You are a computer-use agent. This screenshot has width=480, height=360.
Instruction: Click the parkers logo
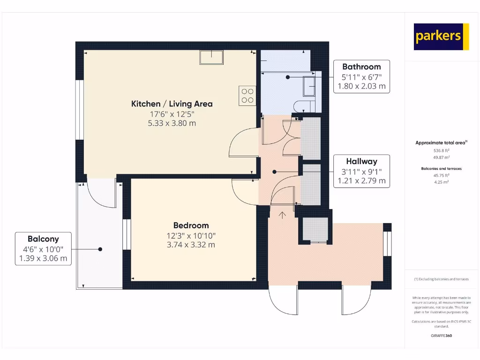pyautogui.click(x=441, y=37)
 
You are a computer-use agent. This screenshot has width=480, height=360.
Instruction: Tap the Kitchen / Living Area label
pyautogui.click(x=172, y=104)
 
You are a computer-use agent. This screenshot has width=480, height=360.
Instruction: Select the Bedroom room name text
pyautogui.click(x=191, y=225)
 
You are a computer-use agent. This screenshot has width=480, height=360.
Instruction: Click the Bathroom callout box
pyautogui.click(x=361, y=76)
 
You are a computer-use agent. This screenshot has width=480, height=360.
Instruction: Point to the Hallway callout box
pyautogui.click(x=361, y=171)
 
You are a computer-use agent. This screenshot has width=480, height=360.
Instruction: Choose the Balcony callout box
pyautogui.click(x=43, y=248)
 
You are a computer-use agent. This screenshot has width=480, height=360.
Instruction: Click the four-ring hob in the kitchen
pyautogui.click(x=247, y=96)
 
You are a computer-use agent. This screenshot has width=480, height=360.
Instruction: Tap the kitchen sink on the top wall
pyautogui.click(x=212, y=57)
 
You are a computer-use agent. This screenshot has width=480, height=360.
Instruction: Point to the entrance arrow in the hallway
pyautogui.click(x=283, y=215)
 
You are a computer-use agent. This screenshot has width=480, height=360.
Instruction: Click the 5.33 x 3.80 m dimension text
pyautogui.click(x=172, y=123)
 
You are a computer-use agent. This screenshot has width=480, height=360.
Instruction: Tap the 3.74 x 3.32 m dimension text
pyautogui.click(x=191, y=245)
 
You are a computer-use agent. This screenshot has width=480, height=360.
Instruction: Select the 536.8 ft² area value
pyautogui.click(x=441, y=151)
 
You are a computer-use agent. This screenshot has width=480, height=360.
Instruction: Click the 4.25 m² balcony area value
pyautogui.click(x=441, y=181)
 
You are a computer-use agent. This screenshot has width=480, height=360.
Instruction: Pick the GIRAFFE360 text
pyautogui.click(x=441, y=336)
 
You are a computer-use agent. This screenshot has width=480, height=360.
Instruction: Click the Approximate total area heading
pyautogui.click(x=441, y=143)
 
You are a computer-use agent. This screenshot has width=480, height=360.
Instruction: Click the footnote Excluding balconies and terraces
pyautogui.click(x=441, y=279)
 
